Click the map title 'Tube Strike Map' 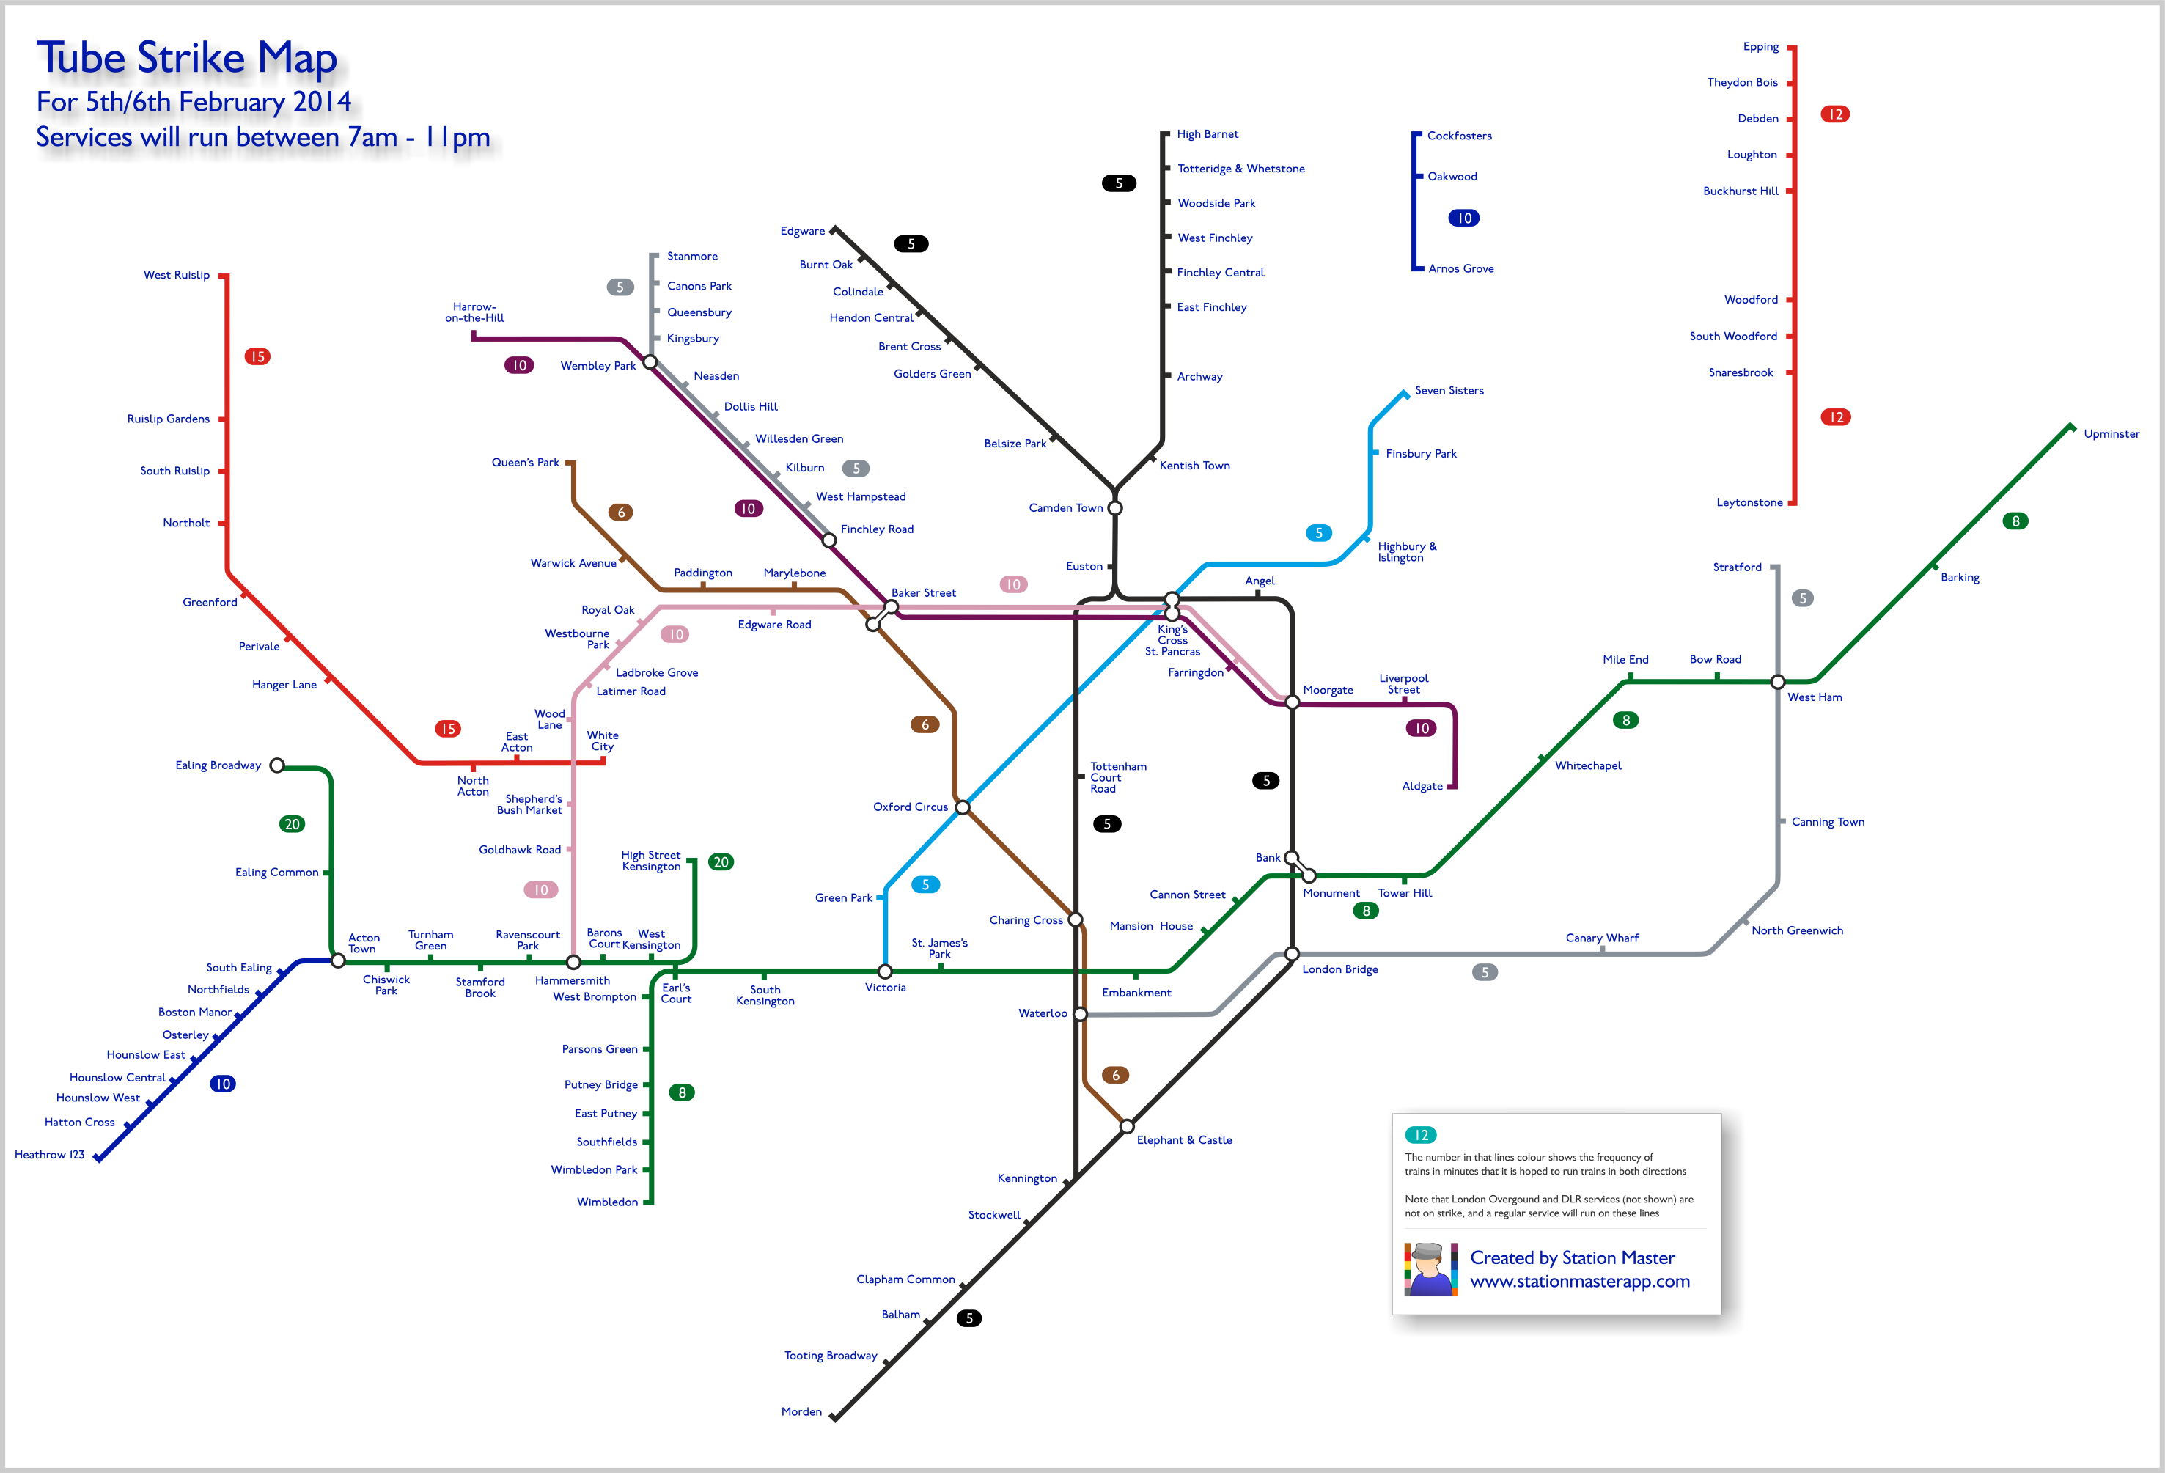click(186, 58)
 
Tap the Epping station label click(1761, 47)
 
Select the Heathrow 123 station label click(49, 1154)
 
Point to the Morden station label click(801, 1411)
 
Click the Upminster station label click(2111, 434)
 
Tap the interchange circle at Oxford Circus click(963, 807)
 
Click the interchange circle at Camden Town click(1114, 508)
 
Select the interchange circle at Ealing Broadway click(276, 765)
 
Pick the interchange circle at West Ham click(1777, 682)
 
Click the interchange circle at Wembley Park click(650, 361)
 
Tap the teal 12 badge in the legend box click(1421, 1135)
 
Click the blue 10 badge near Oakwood click(1464, 218)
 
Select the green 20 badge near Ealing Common click(293, 823)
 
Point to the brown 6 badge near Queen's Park click(622, 513)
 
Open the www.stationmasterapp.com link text click(1580, 1281)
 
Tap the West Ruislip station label click(176, 275)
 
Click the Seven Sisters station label click(1449, 390)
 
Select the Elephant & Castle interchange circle click(1126, 1126)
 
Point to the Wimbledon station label click(607, 1202)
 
